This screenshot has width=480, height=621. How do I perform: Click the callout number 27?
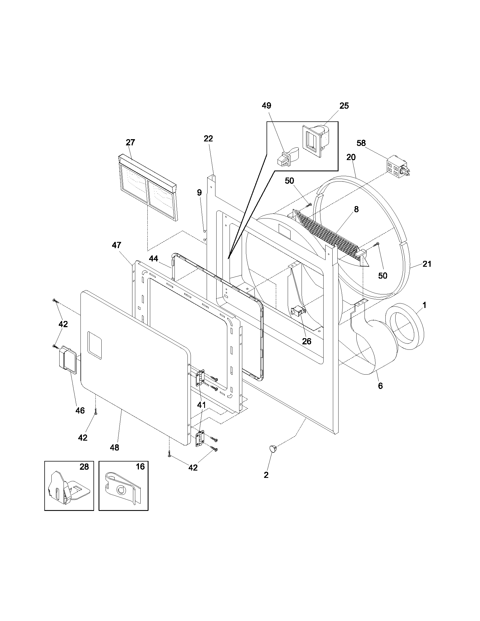[130, 142]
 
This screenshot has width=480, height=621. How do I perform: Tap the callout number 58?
[361, 143]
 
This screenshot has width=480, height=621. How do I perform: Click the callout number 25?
[344, 106]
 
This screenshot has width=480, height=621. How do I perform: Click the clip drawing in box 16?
[122, 490]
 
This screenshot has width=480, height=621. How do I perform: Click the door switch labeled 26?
[297, 311]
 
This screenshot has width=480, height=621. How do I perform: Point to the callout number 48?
[114, 448]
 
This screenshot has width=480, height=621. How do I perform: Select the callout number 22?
[208, 139]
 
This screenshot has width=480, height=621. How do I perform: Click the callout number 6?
[380, 386]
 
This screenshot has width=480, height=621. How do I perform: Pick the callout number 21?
[427, 264]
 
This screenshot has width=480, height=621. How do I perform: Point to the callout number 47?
[116, 245]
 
